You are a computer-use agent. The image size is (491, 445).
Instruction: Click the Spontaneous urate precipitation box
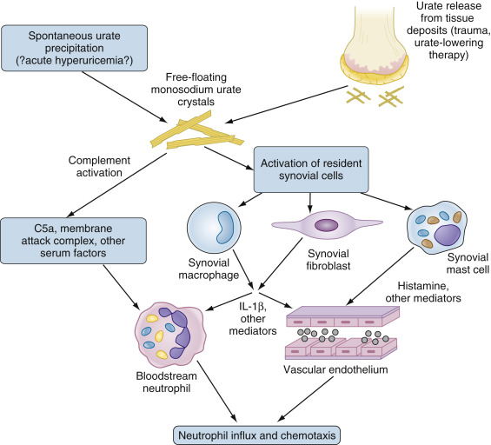pyautogui.click(x=74, y=48)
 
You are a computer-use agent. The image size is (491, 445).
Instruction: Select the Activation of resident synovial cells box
pyautogui.click(x=311, y=169)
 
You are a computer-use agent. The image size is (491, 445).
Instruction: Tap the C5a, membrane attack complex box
pyautogui.click(x=73, y=241)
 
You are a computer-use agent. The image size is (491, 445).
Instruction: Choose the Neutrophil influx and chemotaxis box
pyautogui.click(x=256, y=435)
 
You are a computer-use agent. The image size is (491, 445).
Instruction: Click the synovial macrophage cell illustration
pyautogui.click(x=214, y=228)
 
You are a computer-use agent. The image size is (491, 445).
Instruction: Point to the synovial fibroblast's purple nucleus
pyautogui.click(x=326, y=225)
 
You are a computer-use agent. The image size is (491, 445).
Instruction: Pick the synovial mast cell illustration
pyautogui.click(x=437, y=228)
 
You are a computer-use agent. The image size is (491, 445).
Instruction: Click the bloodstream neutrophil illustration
pyautogui.click(x=170, y=335)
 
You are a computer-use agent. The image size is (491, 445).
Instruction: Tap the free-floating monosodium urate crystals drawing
pyautogui.click(x=196, y=133)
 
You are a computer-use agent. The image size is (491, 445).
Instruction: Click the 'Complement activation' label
pyautogui.click(x=99, y=166)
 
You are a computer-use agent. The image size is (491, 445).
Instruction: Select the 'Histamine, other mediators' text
pyautogui.click(x=423, y=292)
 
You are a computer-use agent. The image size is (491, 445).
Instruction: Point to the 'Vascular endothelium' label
pyautogui.click(x=335, y=369)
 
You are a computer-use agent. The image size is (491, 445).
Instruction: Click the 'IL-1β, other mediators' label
pyautogui.click(x=253, y=318)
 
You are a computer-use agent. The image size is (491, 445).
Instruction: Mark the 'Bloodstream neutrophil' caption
pyautogui.click(x=167, y=382)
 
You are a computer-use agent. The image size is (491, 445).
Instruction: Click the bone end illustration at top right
pyautogui.click(x=375, y=43)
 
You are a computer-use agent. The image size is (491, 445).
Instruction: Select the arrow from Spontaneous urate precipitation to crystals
pyautogui.click(x=124, y=97)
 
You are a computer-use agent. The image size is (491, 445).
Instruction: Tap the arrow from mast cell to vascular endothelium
pyautogui.click(x=380, y=276)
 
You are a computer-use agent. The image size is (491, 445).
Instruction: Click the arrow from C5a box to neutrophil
pyautogui.click(x=121, y=287)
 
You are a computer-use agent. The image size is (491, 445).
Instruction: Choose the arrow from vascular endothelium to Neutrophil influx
pyautogui.click(x=306, y=399)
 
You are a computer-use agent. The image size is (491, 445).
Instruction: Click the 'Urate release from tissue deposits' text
pyautogui.click(x=448, y=30)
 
